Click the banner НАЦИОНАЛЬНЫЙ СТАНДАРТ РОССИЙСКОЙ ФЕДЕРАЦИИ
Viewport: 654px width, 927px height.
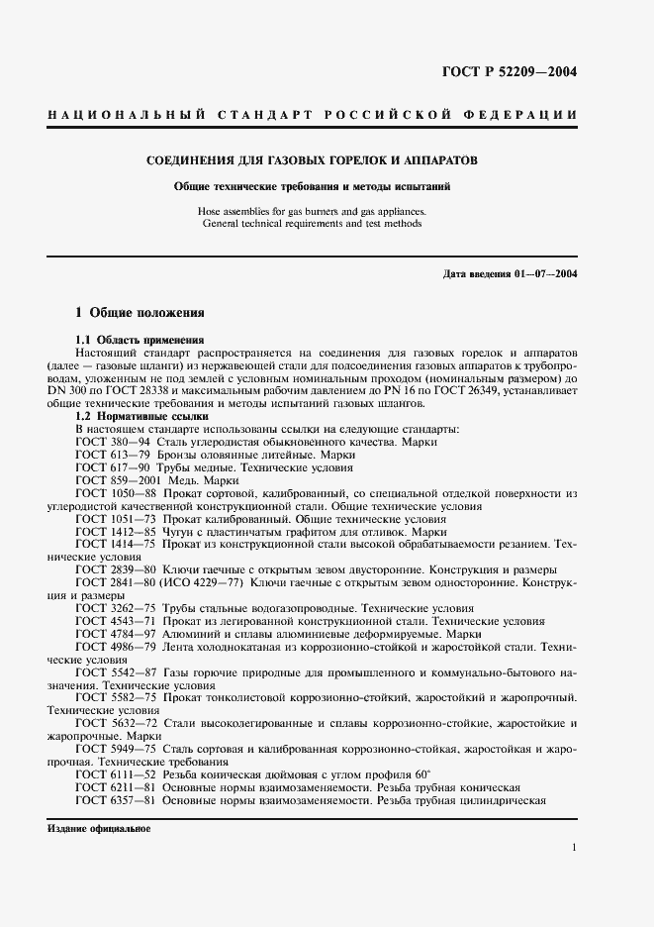pyautogui.click(x=313, y=115)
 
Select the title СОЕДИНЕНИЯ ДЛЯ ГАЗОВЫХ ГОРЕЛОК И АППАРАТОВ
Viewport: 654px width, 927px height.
pyautogui.click(x=313, y=158)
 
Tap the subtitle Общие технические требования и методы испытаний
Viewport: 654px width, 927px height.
pyautogui.click(x=312, y=186)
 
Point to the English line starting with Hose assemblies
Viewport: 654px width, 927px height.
pyautogui.click(x=312, y=210)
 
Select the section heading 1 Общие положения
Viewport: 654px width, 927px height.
pyautogui.click(x=140, y=313)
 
